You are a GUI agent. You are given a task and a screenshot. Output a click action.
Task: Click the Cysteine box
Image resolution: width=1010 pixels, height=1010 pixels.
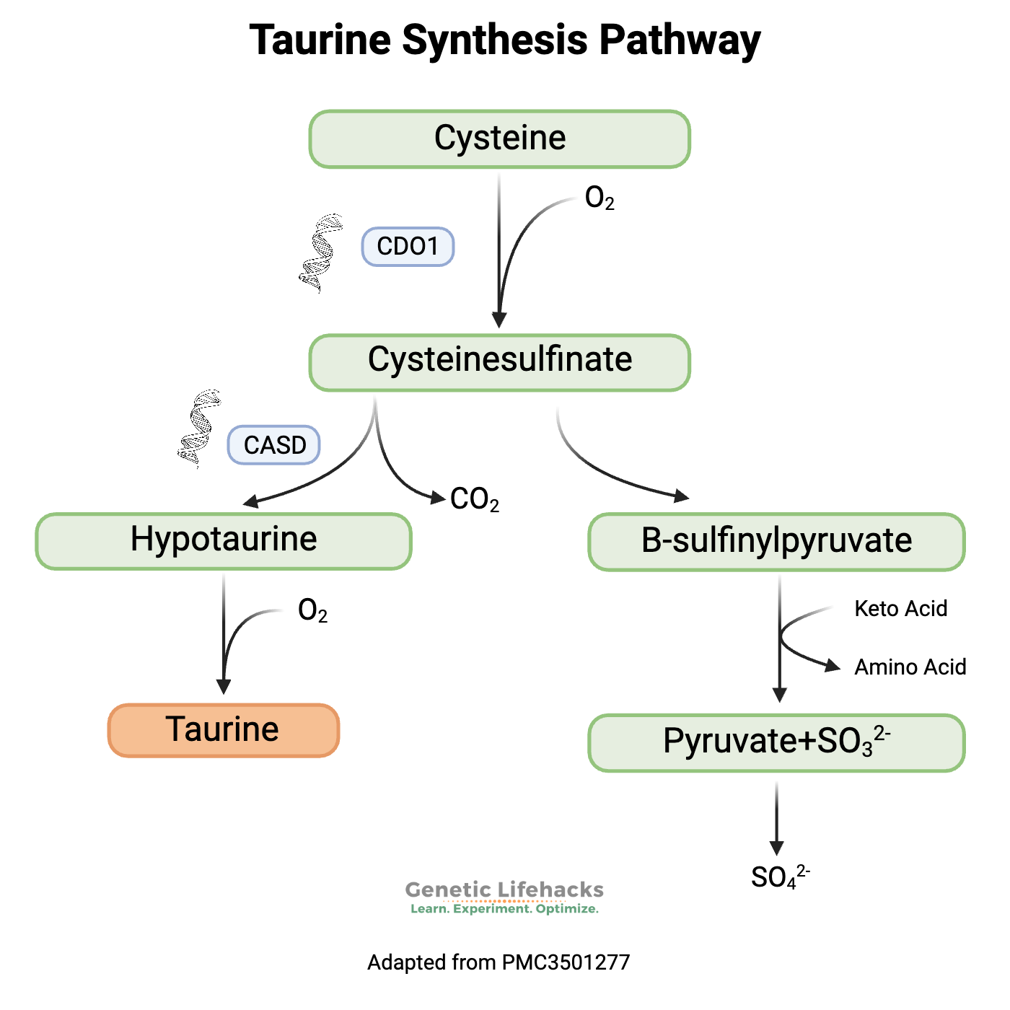pyautogui.click(x=499, y=139)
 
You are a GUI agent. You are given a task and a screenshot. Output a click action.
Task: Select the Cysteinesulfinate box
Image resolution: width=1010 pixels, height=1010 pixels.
pyautogui.click(x=499, y=361)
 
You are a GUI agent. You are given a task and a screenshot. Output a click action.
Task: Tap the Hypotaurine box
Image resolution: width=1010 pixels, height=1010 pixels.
pyautogui.click(x=224, y=540)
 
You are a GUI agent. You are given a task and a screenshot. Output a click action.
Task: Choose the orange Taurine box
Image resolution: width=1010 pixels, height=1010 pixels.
pyautogui.click(x=224, y=729)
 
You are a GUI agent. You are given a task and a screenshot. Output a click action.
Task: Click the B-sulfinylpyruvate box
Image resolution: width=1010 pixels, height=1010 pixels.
pyautogui.click(x=776, y=541)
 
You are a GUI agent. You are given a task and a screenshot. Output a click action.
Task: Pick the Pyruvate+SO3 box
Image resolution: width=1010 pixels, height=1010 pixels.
pyautogui.click(x=776, y=742)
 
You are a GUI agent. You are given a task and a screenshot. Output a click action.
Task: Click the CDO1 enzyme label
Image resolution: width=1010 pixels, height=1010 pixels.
pyautogui.click(x=408, y=247)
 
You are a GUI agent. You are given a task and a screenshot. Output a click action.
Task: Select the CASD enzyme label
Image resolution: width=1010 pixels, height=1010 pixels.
pyautogui.click(x=274, y=445)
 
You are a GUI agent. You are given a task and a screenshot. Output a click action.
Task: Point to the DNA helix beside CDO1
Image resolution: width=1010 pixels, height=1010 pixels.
pyautogui.click(x=320, y=252)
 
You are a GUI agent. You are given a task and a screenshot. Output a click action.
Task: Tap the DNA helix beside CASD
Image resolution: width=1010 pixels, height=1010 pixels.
pyautogui.click(x=199, y=429)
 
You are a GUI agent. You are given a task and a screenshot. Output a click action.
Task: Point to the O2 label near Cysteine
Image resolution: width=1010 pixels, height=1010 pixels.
pyautogui.click(x=599, y=198)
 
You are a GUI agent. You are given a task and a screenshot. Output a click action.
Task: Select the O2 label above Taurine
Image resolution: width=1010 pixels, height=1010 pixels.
pyautogui.click(x=312, y=611)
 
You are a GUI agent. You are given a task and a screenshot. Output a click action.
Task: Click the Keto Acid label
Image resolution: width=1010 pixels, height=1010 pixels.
pyautogui.click(x=900, y=609)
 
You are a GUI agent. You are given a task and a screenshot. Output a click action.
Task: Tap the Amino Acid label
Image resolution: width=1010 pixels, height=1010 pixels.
pyautogui.click(x=910, y=667)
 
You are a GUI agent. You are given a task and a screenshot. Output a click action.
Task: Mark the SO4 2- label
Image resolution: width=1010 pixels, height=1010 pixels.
pyautogui.click(x=780, y=877)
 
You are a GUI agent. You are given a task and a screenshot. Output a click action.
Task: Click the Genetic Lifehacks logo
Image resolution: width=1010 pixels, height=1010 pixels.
pyautogui.click(x=504, y=897)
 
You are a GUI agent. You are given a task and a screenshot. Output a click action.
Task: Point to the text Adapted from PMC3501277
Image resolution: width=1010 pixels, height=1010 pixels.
pyautogui.click(x=499, y=962)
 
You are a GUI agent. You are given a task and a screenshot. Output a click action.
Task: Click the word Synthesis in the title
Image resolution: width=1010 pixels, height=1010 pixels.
pyautogui.click(x=495, y=40)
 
